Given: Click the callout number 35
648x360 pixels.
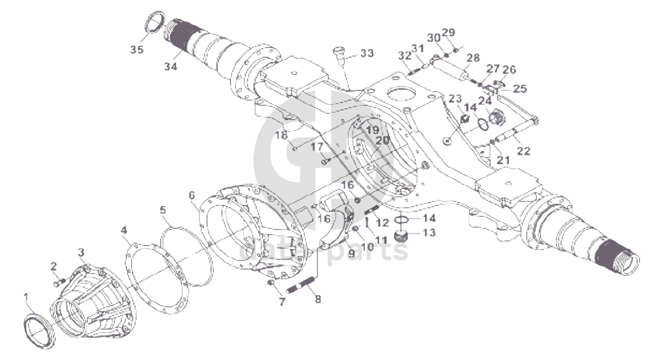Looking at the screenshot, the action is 136,50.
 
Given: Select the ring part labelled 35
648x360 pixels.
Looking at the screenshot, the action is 154,24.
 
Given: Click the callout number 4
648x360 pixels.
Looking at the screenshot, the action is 124,231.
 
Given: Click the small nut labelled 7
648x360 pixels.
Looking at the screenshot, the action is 271,282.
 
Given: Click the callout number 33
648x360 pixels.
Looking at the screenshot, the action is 367,53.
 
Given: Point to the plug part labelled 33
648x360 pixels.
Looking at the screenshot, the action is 338,53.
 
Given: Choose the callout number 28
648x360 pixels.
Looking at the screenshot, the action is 472,58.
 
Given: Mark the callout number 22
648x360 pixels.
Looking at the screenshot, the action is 523,151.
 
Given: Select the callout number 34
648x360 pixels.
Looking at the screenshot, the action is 171,66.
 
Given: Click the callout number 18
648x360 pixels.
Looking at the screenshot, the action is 281,136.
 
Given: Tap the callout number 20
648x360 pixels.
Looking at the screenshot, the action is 383,140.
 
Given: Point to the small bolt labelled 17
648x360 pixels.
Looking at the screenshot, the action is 325,162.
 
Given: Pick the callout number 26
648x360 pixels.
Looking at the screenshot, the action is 509,70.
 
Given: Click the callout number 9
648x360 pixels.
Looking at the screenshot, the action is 350,252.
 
